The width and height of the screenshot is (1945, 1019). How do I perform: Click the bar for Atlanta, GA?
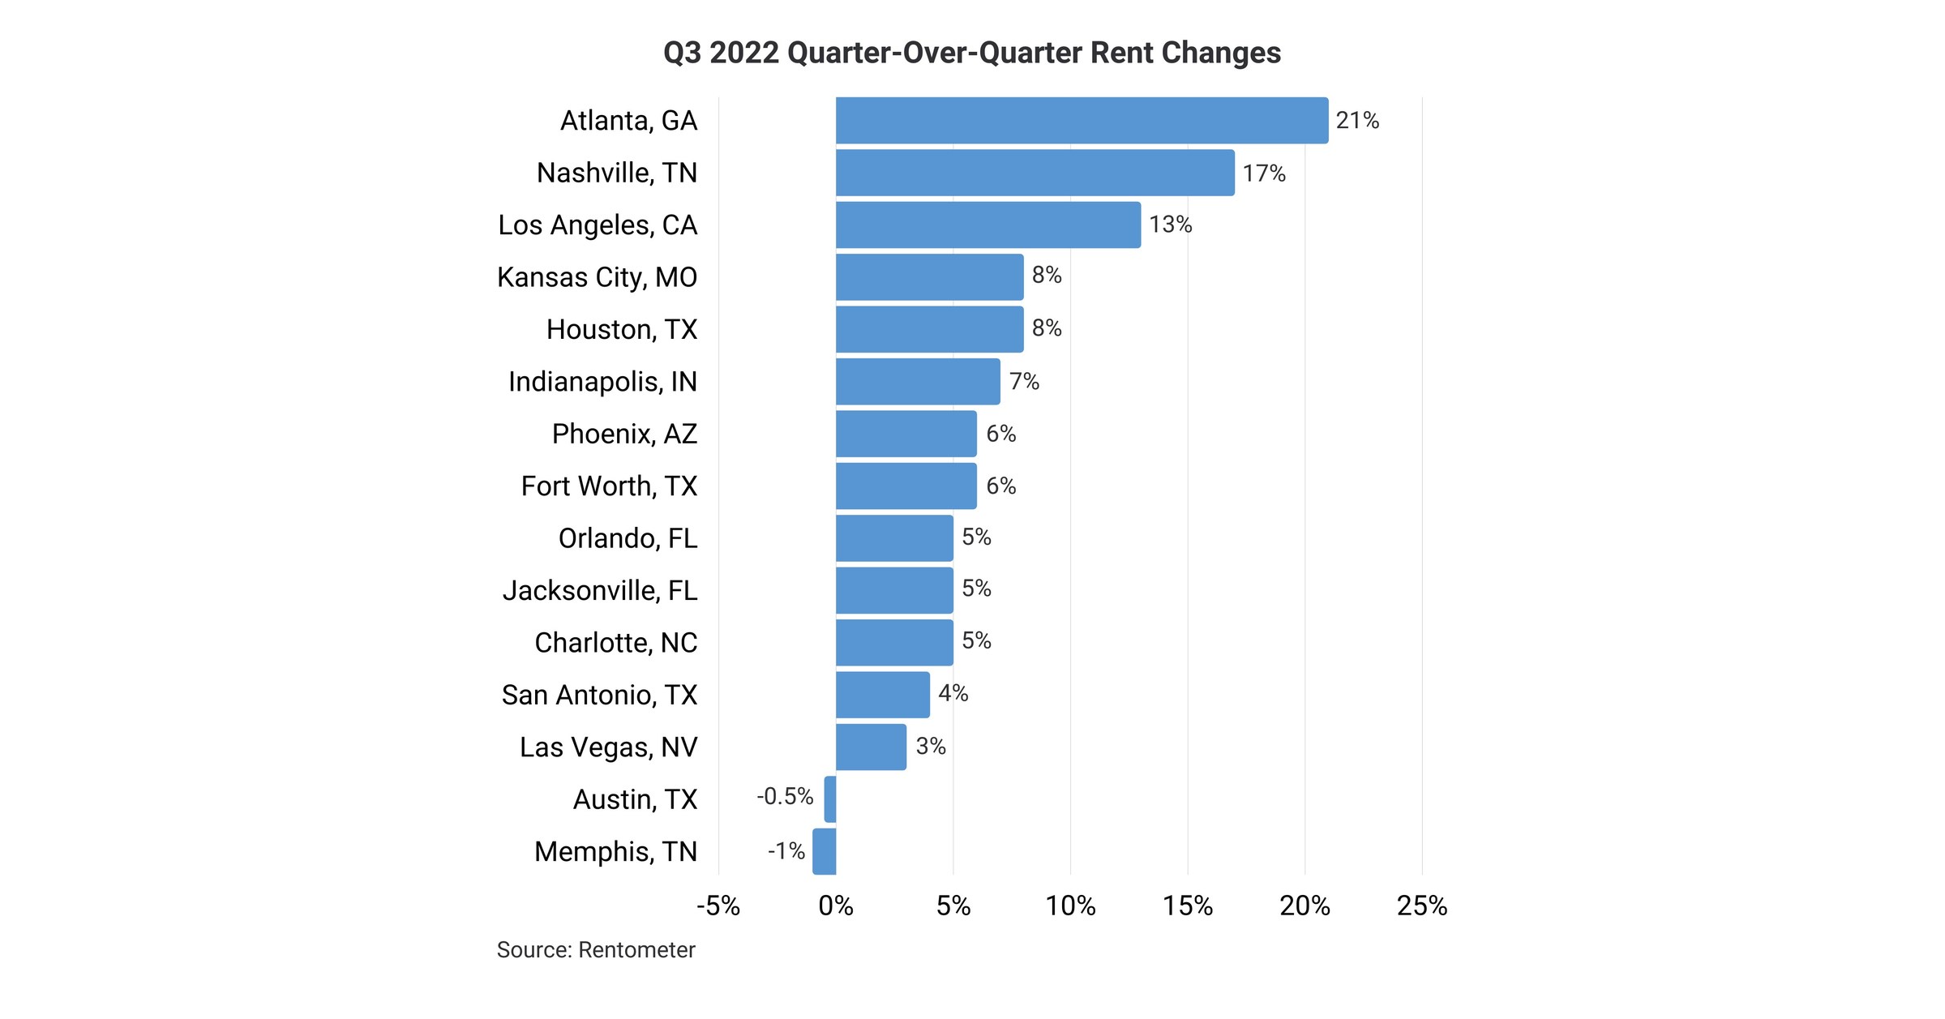[x=1082, y=121]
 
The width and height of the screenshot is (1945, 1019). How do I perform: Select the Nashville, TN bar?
[x=1035, y=173]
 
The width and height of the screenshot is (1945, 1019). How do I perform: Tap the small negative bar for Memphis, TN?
[x=824, y=851]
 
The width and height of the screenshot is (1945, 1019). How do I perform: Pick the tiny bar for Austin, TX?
[x=829, y=799]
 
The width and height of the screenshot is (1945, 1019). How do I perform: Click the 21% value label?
[x=1356, y=121]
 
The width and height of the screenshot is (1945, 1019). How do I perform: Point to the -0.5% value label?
[x=784, y=797]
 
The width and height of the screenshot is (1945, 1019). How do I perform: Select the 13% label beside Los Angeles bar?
[x=1170, y=225]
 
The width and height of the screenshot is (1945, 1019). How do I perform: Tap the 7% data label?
[x=1023, y=381]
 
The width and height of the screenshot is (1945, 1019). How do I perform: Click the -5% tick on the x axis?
[x=718, y=906]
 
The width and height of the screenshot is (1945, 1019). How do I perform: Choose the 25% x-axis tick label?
[x=1421, y=906]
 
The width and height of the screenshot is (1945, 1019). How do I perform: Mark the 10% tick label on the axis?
[x=1069, y=906]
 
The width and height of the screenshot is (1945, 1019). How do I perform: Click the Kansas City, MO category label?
[x=597, y=277]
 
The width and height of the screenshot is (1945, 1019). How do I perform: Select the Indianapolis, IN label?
[x=602, y=382]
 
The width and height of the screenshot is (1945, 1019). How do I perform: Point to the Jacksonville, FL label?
[x=600, y=590]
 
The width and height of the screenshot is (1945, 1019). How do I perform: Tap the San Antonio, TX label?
[x=599, y=695]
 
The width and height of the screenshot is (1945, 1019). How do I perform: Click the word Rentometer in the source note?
[x=636, y=950]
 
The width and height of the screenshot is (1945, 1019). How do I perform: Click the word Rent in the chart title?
[x=1122, y=53]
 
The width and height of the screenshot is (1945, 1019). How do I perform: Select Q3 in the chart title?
[x=682, y=53]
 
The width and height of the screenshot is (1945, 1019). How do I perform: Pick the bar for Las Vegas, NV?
[x=871, y=747]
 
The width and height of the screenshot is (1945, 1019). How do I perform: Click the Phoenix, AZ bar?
[x=906, y=434]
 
